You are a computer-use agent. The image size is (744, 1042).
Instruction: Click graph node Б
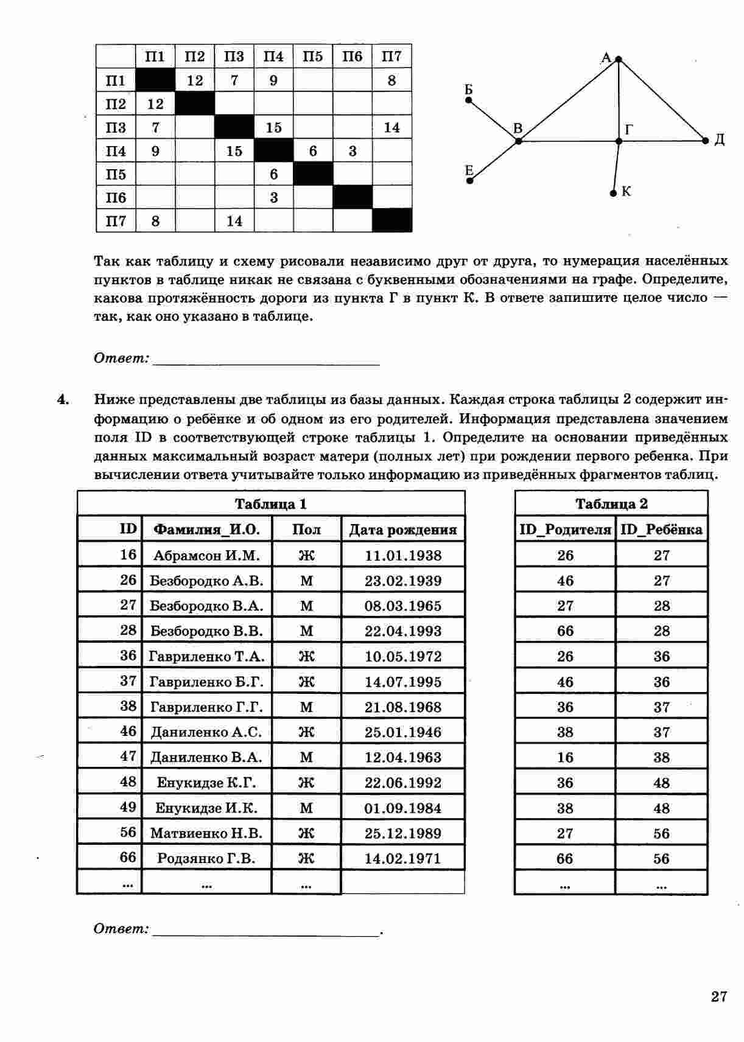click(x=469, y=100)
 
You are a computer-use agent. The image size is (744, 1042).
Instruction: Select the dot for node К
click(x=613, y=194)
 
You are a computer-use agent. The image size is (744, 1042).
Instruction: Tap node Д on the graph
click(x=706, y=141)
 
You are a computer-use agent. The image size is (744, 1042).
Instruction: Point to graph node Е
click(x=470, y=180)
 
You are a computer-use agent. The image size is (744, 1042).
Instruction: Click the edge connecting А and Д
click(x=662, y=100)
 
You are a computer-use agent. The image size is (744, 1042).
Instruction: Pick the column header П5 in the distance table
click(x=312, y=57)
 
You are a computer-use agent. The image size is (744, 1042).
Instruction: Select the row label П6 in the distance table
click(x=116, y=198)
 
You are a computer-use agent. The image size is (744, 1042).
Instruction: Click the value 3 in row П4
click(x=352, y=151)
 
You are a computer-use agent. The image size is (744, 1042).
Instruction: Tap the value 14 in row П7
click(x=234, y=221)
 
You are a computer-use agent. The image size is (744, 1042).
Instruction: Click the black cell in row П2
click(x=195, y=103)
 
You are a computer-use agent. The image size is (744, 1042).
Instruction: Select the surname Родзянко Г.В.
click(x=206, y=859)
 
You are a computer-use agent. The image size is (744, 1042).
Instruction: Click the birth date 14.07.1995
click(x=402, y=682)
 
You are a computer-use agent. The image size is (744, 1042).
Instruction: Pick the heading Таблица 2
click(x=611, y=504)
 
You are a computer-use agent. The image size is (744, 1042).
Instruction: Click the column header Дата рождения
click(x=402, y=530)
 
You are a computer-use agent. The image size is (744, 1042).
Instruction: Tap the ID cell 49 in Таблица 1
click(x=128, y=808)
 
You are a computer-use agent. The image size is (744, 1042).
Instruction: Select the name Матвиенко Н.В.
click(x=206, y=833)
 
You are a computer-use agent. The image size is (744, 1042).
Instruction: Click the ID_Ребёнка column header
click(x=661, y=530)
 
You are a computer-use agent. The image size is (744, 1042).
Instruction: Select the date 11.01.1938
click(x=402, y=555)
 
